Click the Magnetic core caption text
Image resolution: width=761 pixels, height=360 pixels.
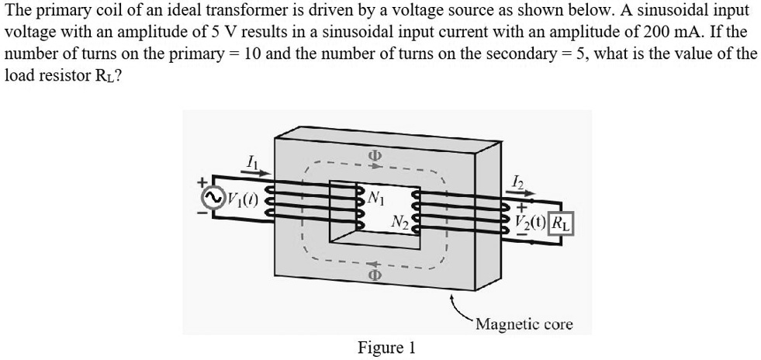click(x=524, y=324)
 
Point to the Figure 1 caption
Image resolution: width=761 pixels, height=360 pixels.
click(x=386, y=347)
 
